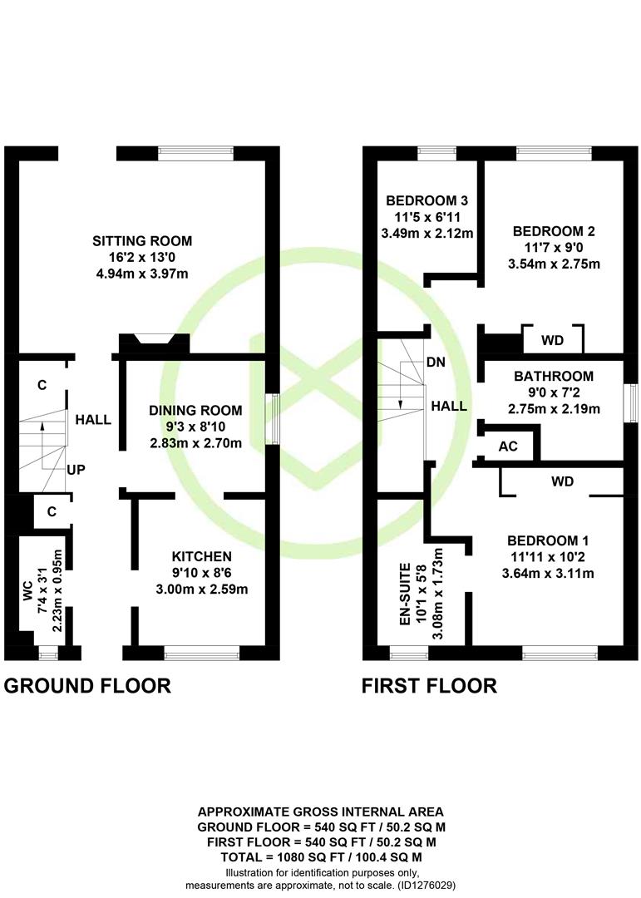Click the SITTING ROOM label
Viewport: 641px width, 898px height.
click(x=142, y=241)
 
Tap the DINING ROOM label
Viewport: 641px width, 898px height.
click(x=195, y=410)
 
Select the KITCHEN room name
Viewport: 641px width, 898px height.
click(x=202, y=556)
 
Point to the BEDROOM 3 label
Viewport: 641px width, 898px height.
click(x=427, y=200)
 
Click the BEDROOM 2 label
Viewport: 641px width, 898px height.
click(x=554, y=231)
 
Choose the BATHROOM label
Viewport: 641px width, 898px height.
click(x=554, y=377)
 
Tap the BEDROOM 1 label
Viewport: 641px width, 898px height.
click(x=548, y=540)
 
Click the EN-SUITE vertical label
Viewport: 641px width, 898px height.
click(x=405, y=594)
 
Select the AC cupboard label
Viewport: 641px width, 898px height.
click(x=508, y=447)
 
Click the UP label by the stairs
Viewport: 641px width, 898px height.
click(x=76, y=470)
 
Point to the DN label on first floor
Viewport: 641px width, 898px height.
click(x=436, y=362)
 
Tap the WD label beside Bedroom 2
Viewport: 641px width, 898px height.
click(x=552, y=341)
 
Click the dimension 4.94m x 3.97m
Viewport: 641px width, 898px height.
click(x=142, y=274)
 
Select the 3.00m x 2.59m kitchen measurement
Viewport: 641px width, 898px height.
click(x=202, y=590)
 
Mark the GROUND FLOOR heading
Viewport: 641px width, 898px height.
click(x=87, y=685)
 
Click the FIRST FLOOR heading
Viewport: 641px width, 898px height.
click(x=429, y=685)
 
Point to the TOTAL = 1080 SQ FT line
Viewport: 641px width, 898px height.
click(x=322, y=857)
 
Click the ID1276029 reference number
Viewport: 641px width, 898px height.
click(x=426, y=886)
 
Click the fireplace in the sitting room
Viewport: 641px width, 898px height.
click(x=154, y=343)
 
